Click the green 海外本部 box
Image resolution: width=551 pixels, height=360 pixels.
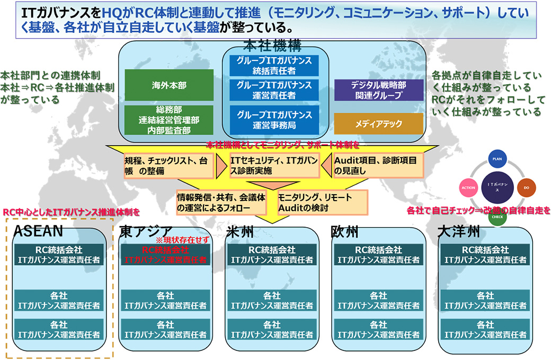(x=169, y=85)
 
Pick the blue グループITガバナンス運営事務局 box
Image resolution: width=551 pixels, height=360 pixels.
(x=274, y=119)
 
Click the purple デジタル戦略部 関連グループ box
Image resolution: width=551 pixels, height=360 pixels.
(x=378, y=90)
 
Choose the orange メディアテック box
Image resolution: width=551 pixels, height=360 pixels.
(x=378, y=124)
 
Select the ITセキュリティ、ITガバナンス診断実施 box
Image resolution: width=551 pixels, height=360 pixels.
(x=274, y=166)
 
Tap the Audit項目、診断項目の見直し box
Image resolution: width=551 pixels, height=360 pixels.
(x=378, y=166)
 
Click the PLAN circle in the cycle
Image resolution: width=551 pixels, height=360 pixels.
(x=496, y=159)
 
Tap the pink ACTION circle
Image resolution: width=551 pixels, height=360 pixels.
(x=468, y=187)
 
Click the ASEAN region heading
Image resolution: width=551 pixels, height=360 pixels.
(x=39, y=231)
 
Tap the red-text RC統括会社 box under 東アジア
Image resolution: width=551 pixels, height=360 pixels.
(x=166, y=255)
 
